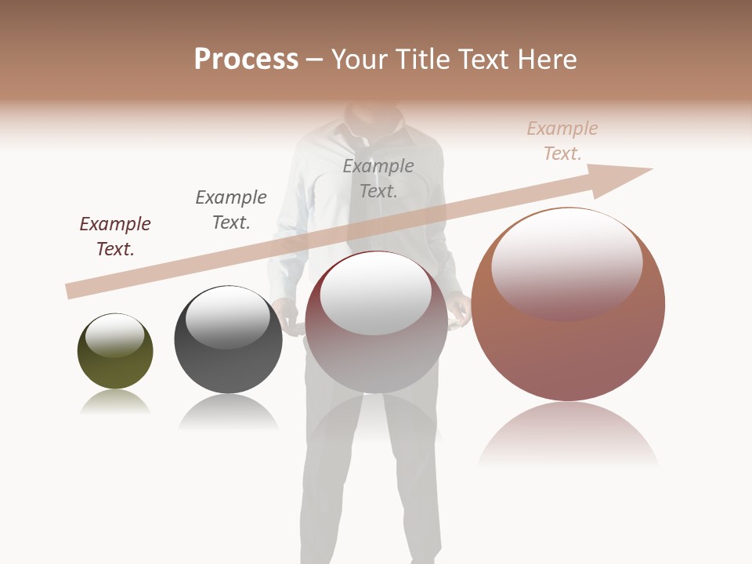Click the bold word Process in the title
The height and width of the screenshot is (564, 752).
(x=246, y=60)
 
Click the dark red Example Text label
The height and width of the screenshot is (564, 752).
(x=115, y=237)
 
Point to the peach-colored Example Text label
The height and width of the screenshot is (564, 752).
(x=562, y=141)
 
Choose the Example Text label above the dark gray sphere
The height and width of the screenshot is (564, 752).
(x=231, y=210)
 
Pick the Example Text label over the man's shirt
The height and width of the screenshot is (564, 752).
(x=378, y=179)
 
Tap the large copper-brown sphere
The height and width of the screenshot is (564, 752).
(x=568, y=352)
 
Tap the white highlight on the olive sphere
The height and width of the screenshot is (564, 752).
(x=114, y=335)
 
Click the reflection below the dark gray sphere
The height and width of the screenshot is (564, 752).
(x=228, y=412)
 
